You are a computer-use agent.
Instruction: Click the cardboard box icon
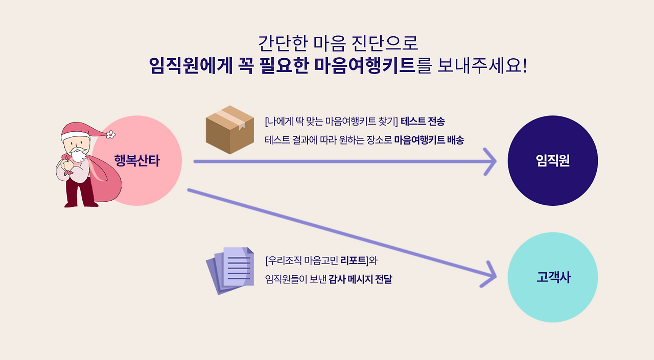click(x=230, y=130)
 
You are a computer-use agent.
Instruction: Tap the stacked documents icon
click(x=230, y=271)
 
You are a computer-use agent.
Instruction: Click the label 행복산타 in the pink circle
click(x=137, y=161)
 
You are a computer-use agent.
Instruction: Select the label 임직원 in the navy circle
click(x=553, y=161)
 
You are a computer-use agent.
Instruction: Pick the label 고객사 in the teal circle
click(x=553, y=278)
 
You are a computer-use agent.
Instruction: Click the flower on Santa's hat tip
click(x=110, y=134)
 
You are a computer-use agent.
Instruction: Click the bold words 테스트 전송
click(x=423, y=122)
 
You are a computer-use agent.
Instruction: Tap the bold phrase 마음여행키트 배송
click(x=429, y=140)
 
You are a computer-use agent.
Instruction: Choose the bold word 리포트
click(x=354, y=260)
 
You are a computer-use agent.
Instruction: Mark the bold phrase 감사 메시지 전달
click(x=360, y=279)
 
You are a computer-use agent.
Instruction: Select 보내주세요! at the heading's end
click(x=482, y=65)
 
